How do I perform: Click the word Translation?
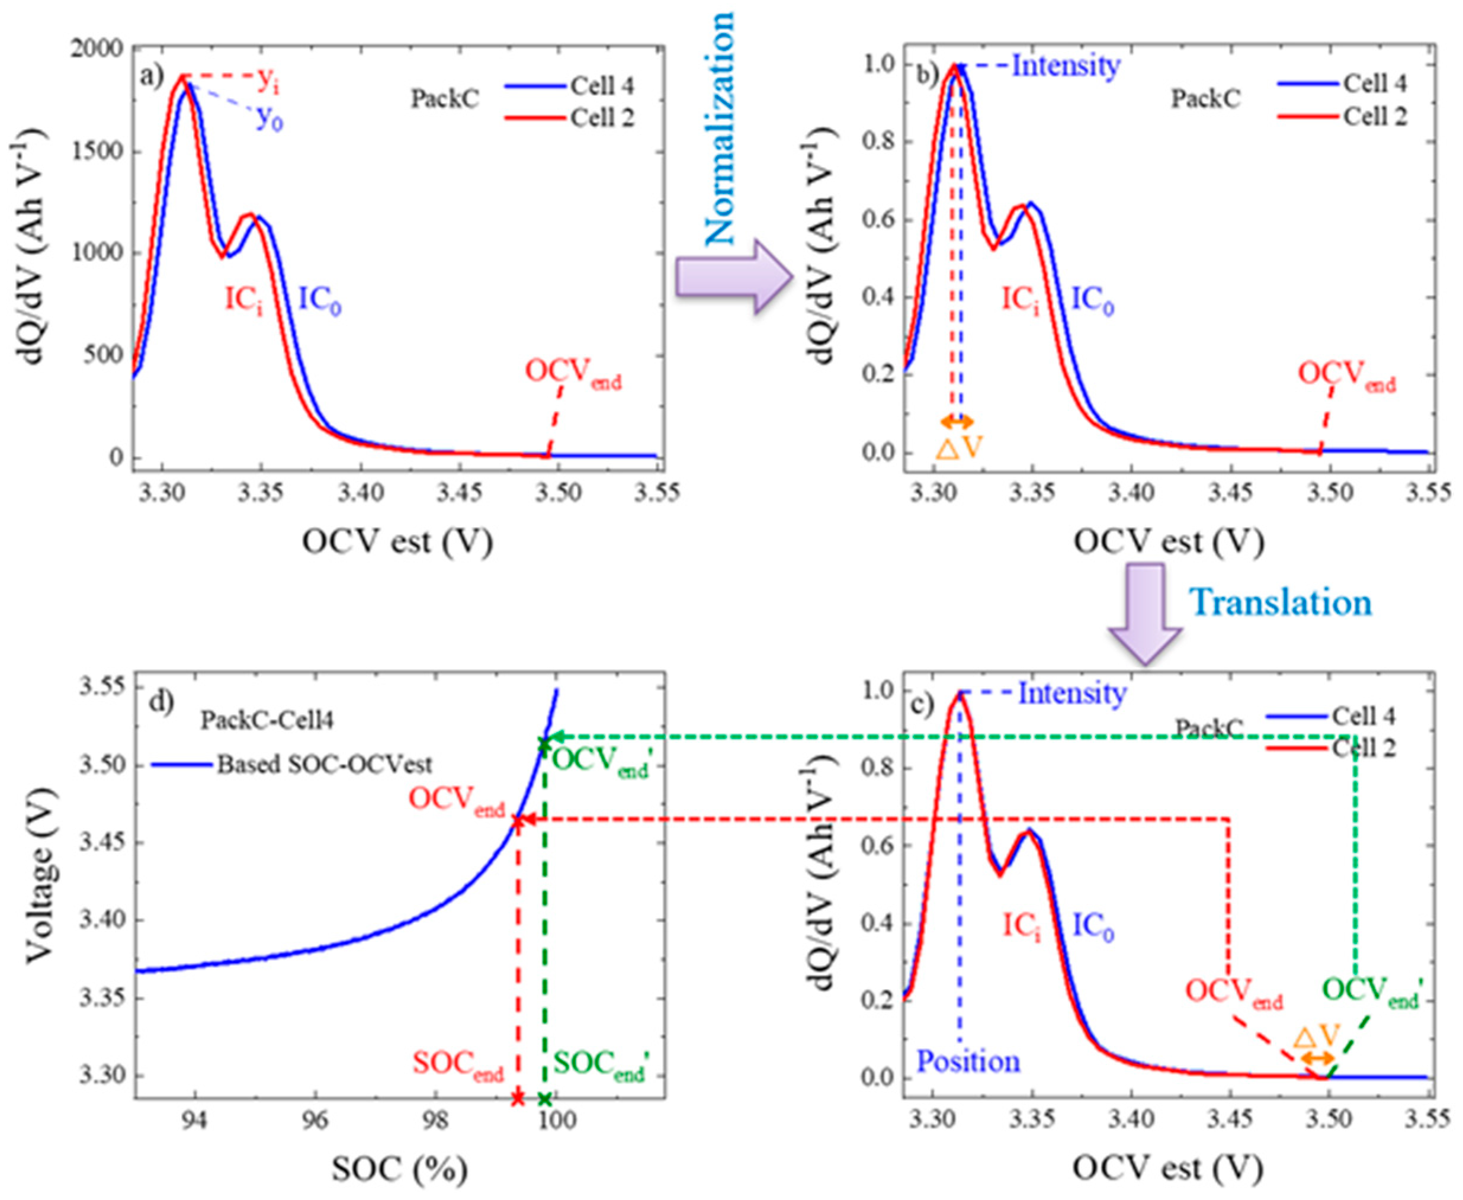pyautogui.click(x=1280, y=603)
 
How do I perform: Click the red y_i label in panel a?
pyautogui.click(x=269, y=81)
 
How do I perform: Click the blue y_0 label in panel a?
pyautogui.click(x=270, y=119)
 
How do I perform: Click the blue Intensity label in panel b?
pyautogui.click(x=1066, y=66)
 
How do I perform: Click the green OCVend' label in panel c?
pyautogui.click(x=1372, y=993)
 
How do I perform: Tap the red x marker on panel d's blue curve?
pyautogui.click(x=517, y=820)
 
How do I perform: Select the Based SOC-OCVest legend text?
pyautogui.click(x=325, y=765)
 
